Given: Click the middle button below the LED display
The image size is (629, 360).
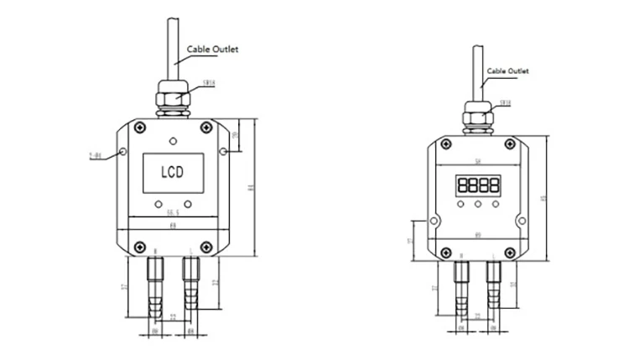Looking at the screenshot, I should [x=478, y=204].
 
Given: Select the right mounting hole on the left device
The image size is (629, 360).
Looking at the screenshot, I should [x=222, y=151].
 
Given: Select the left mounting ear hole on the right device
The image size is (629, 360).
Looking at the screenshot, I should [x=434, y=222].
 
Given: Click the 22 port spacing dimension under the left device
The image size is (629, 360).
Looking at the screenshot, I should [x=172, y=316].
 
